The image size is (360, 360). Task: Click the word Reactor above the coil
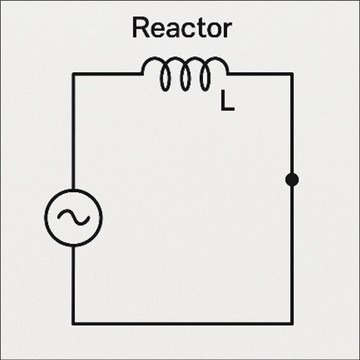point(182,28)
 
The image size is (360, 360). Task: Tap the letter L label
point(227,102)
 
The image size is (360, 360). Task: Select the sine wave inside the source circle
point(73,218)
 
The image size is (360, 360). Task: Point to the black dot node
point(292,180)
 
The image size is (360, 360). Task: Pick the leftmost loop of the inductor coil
point(166,77)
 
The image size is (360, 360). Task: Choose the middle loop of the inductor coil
point(185,77)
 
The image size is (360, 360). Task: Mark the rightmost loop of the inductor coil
point(205,77)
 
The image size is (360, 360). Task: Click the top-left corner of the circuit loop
point(73,74)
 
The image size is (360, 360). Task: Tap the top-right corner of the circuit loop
point(292,74)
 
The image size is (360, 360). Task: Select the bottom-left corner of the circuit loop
point(73,323)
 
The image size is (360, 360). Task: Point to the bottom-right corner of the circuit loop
point(292,323)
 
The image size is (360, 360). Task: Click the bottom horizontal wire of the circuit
point(183,323)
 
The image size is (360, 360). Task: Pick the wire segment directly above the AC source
point(73,131)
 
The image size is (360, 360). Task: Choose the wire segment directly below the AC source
point(73,285)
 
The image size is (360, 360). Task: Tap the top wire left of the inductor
point(108,74)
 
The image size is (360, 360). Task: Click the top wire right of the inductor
point(260,74)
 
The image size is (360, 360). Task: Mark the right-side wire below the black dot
point(292,255)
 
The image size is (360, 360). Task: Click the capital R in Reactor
point(140,28)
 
